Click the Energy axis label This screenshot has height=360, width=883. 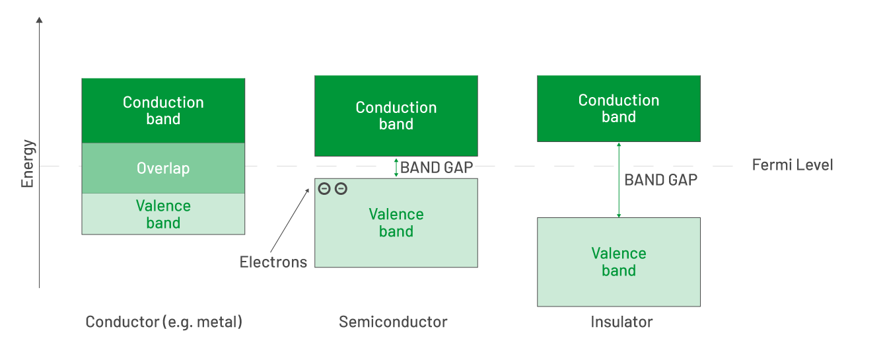(x=28, y=163)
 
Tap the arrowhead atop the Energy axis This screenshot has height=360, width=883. (x=39, y=20)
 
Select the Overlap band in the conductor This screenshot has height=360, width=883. (x=163, y=168)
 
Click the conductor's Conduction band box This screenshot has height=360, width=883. (x=163, y=110)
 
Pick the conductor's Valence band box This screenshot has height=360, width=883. (x=163, y=214)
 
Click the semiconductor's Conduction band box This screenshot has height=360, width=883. (x=396, y=116)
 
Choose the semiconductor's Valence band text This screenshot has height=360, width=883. (x=396, y=223)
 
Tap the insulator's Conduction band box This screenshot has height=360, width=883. (x=618, y=108)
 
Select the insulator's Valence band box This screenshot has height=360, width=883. (x=618, y=262)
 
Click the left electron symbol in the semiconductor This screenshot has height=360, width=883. (x=324, y=189)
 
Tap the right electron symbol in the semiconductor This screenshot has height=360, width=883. (x=341, y=189)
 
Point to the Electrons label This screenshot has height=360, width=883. (x=273, y=262)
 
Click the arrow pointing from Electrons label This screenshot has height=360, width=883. (x=289, y=221)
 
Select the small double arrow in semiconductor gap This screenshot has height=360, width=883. (x=396, y=167)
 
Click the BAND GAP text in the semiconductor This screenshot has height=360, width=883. (x=437, y=168)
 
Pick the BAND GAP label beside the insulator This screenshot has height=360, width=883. (x=660, y=180)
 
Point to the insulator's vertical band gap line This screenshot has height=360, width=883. (x=618, y=198)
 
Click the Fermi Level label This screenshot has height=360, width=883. (x=793, y=165)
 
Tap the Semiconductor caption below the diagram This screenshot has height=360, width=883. (x=393, y=322)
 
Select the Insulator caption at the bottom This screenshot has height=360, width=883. (x=621, y=322)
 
